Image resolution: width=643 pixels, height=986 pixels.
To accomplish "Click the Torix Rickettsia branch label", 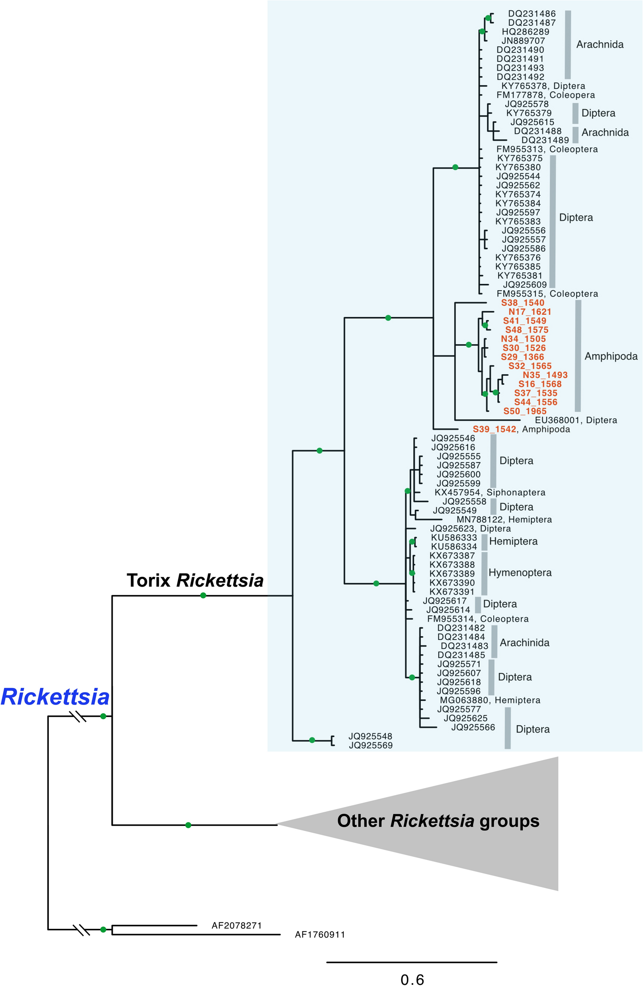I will click(195, 580).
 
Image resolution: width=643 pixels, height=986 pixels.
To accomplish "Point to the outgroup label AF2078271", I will click(237, 926).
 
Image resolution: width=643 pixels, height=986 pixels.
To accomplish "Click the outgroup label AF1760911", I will click(320, 935).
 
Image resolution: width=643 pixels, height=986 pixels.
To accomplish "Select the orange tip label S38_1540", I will click(522, 303).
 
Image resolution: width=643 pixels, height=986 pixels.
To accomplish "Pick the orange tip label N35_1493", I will click(545, 375).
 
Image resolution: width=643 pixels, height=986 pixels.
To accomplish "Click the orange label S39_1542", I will click(494, 429).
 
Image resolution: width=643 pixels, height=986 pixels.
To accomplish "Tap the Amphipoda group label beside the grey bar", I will click(611, 356).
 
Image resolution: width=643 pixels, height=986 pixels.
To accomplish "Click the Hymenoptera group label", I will click(520, 572).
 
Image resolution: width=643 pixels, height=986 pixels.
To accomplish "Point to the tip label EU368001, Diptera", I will click(576, 420).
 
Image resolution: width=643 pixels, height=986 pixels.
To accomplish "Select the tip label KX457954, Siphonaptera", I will click(490, 493).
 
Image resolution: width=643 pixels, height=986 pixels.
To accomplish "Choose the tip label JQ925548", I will click(370, 736).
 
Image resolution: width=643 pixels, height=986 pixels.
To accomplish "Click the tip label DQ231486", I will click(531, 13).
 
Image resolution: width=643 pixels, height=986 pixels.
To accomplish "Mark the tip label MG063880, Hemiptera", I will click(490, 700).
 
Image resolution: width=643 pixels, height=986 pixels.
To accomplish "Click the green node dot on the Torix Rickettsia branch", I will click(203, 595).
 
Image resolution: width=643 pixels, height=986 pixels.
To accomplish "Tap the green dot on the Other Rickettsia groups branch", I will click(188, 825).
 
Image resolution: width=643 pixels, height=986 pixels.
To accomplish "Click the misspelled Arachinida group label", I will click(524, 643).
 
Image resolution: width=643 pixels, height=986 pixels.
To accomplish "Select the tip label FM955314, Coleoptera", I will click(478, 619).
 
